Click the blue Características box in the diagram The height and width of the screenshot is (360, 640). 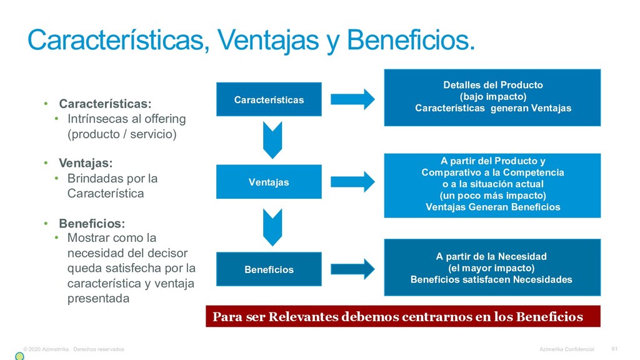(269, 99)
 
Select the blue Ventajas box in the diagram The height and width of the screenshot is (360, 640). (269, 182)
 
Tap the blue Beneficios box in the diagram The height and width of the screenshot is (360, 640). (269, 269)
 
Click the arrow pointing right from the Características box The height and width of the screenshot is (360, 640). (352, 99)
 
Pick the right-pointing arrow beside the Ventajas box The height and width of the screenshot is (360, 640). (352, 181)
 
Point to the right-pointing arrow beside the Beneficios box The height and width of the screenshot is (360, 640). (352, 269)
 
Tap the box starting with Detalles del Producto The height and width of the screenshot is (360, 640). (492, 97)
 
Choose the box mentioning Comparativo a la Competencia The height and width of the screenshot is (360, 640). (492, 184)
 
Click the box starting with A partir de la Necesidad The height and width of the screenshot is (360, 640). (492, 267)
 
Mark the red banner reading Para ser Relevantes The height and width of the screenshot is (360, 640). (402, 316)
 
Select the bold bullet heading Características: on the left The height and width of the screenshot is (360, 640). (105, 103)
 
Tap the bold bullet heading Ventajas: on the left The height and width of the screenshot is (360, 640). (86, 163)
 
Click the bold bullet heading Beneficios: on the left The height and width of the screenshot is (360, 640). (92, 223)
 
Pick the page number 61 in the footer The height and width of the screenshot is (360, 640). (614, 349)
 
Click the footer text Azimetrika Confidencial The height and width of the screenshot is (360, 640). (567, 349)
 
